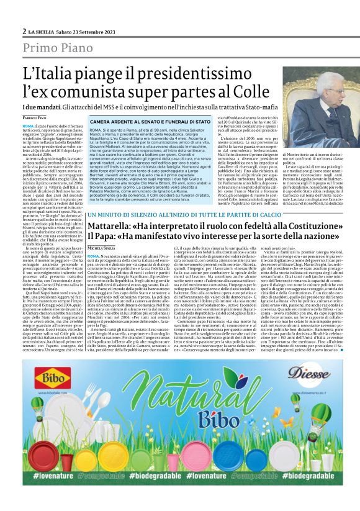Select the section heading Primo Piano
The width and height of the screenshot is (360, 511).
point(55,47)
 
